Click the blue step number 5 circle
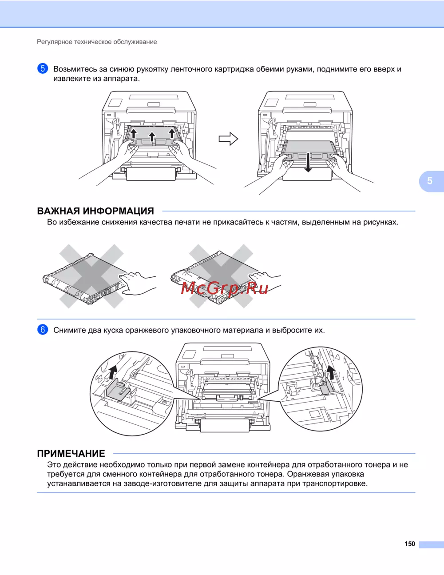pos(43,68)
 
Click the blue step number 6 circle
pos(43,330)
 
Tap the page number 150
pos(409,544)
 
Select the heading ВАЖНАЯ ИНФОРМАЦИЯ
pos(95,211)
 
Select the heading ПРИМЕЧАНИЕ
pos(71,454)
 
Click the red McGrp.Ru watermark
pos(225,288)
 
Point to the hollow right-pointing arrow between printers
pos(228,139)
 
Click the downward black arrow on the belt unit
pos(308,163)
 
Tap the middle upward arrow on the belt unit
pos(152,136)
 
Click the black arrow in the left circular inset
pos(114,371)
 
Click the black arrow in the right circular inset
pos(330,373)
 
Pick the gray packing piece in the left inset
pos(119,390)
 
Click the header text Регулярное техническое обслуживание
pos(97,42)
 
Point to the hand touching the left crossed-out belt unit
pos(138,283)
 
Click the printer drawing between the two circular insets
pos(223,387)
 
